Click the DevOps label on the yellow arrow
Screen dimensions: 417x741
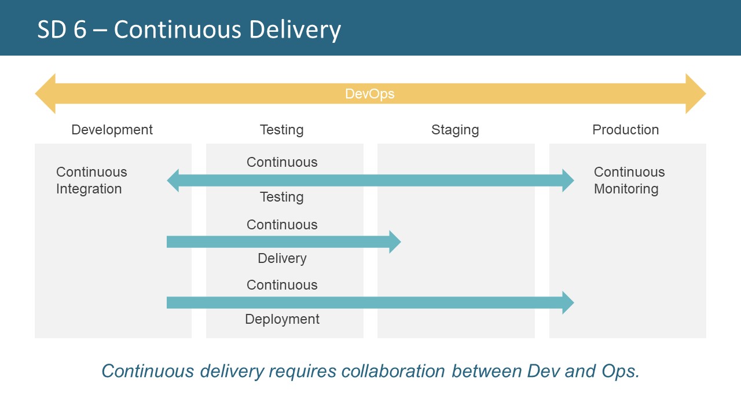(x=369, y=94)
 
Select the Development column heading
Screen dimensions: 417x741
(x=112, y=130)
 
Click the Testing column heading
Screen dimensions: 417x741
(x=281, y=130)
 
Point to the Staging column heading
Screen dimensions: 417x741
(x=455, y=130)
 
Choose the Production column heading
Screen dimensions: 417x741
(x=625, y=130)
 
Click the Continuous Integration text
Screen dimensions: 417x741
(x=91, y=180)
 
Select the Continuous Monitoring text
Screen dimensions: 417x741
(x=629, y=180)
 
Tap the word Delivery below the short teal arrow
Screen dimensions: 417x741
(x=282, y=258)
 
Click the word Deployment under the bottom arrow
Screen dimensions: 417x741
(x=282, y=319)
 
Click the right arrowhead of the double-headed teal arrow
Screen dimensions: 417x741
(x=567, y=181)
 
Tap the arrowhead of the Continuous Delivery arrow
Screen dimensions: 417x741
(x=395, y=242)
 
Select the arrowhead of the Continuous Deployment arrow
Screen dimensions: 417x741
(x=567, y=302)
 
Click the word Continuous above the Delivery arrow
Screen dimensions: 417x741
(x=282, y=225)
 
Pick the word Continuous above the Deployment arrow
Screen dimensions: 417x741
(x=282, y=285)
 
